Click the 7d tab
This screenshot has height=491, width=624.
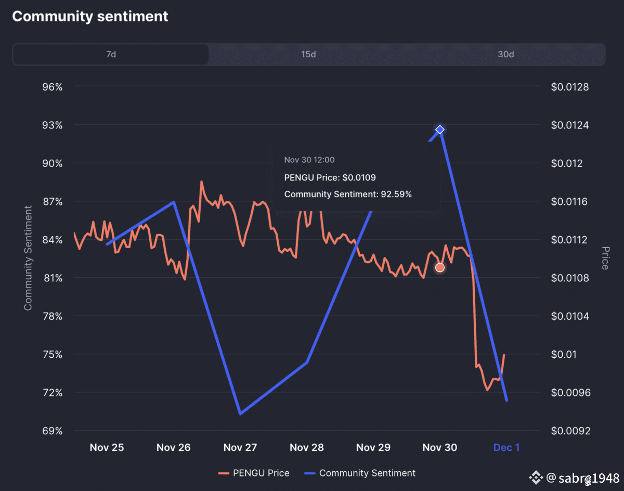click(111, 54)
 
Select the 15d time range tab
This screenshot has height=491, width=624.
click(308, 54)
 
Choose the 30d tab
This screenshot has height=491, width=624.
click(505, 54)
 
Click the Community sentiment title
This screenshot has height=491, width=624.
click(90, 16)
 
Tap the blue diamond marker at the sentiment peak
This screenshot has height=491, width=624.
click(440, 130)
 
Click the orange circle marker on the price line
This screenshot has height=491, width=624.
click(440, 267)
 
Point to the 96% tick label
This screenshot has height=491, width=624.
click(52, 87)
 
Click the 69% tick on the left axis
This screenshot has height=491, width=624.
click(52, 431)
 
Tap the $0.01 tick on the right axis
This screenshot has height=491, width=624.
click(564, 354)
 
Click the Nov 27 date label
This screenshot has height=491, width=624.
click(240, 447)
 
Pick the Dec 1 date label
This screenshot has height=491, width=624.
click(506, 447)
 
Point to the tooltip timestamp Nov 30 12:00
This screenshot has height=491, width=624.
click(309, 160)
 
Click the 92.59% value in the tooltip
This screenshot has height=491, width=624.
click(394, 195)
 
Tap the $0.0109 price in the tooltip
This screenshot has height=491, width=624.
click(359, 177)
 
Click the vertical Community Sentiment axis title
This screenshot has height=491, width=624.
click(28, 258)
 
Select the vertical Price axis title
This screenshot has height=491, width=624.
click(605, 258)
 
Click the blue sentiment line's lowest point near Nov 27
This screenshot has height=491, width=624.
click(240, 414)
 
